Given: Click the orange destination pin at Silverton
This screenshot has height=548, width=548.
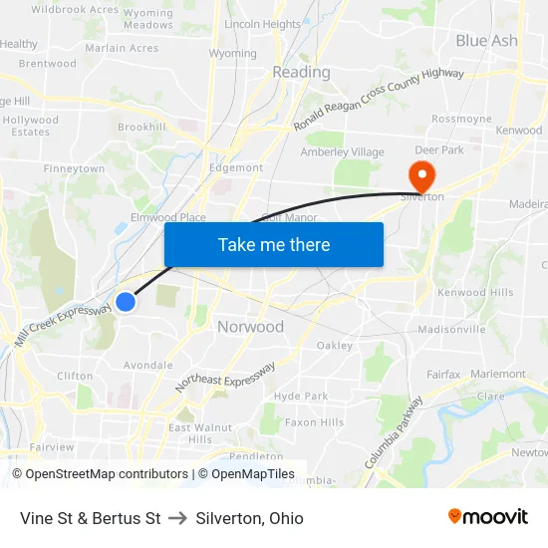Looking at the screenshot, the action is point(422,175).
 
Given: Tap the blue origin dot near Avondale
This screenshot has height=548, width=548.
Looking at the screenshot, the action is point(126,301).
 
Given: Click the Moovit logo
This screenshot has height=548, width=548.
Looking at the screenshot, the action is point(488,517).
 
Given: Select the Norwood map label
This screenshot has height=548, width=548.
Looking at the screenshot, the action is point(250,327).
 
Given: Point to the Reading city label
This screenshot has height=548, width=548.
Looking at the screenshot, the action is point(301,72).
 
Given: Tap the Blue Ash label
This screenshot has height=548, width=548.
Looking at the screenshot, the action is point(486,41).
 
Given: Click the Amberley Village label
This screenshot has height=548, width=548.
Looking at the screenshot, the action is point(342,152).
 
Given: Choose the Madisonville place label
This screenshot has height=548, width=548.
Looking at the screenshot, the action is point(451,329).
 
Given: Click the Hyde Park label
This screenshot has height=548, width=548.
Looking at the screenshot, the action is point(300,396).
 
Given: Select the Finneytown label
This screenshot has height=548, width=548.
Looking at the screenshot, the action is point(74,169).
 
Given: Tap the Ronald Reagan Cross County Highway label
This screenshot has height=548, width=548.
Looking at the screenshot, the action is point(379,100).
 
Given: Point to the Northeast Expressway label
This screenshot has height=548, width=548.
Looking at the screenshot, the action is point(225,376).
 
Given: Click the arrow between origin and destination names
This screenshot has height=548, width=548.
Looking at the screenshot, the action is point(178,518).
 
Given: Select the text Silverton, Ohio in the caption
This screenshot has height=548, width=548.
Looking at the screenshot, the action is point(249,518).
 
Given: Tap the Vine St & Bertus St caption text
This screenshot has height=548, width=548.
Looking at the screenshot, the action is point(90,518).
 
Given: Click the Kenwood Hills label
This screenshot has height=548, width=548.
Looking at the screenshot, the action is point(475,292).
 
